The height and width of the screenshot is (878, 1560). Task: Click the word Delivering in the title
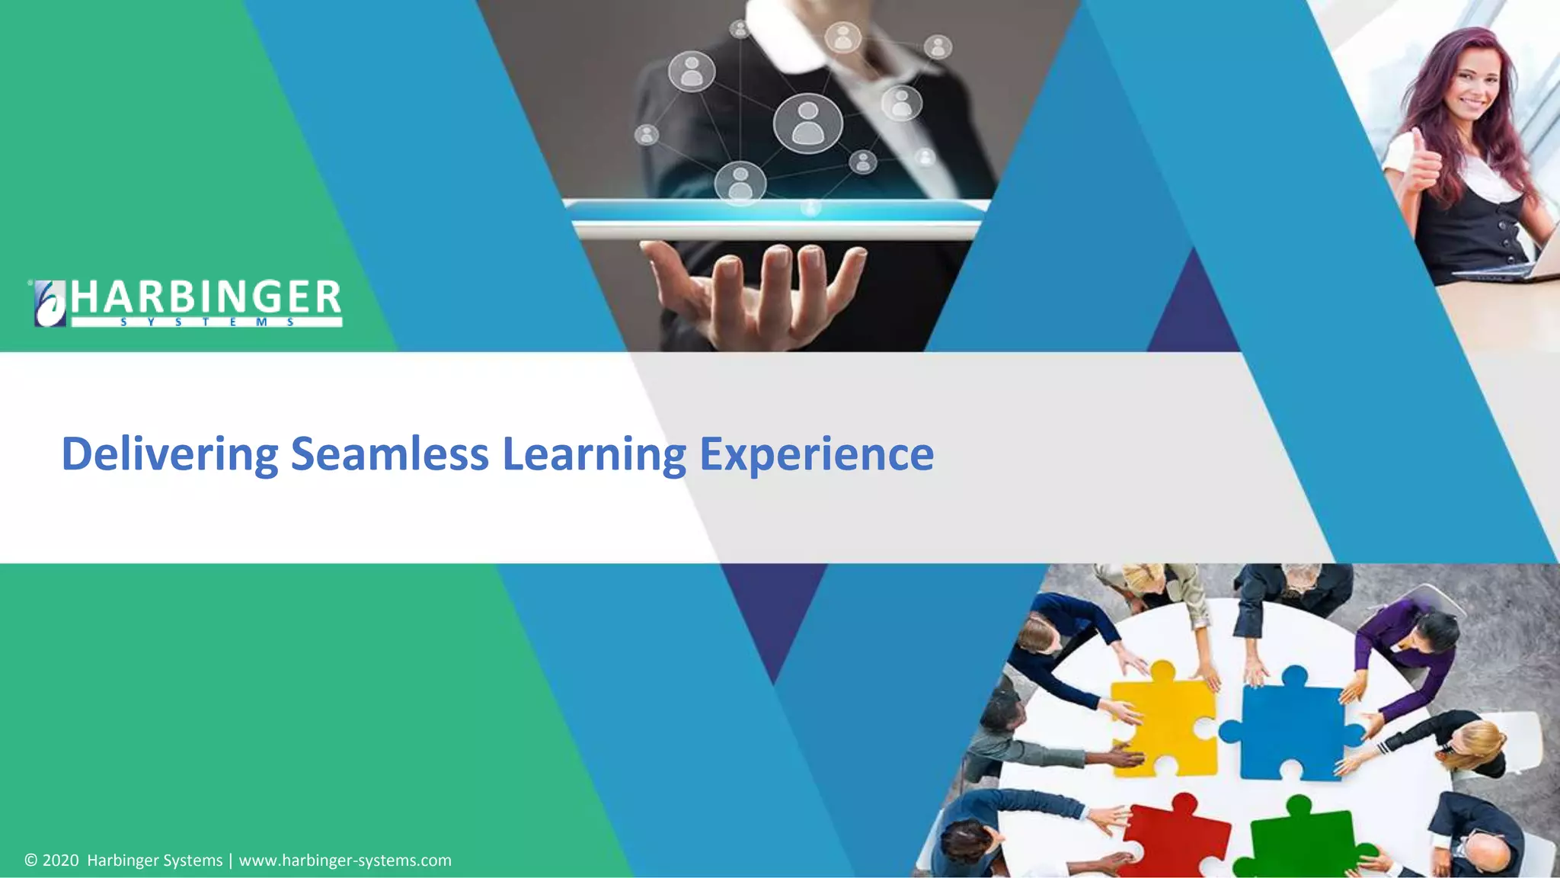169,454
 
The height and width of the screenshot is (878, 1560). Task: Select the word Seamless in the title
389,454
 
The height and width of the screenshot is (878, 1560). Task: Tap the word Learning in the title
594,454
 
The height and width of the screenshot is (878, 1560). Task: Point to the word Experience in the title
816,454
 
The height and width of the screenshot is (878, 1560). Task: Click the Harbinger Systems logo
187,303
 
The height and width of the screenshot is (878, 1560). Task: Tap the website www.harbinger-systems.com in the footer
345,860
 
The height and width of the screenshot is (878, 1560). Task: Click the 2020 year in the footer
60,860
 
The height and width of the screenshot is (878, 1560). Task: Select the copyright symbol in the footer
31,860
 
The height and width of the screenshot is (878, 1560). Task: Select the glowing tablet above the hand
777,217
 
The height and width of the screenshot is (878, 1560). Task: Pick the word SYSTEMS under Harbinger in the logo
206,322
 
